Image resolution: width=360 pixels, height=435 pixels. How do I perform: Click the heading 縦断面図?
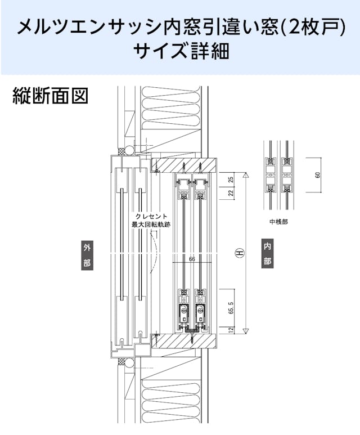click(50, 96)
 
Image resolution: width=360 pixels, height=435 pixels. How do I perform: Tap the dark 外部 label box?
click(87, 255)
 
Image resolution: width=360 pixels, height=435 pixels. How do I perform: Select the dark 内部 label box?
click(267, 254)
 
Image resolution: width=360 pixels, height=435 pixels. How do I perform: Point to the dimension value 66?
click(192, 259)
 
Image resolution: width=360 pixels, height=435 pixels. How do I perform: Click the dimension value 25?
click(231, 180)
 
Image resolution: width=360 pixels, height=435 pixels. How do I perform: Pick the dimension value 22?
click(231, 193)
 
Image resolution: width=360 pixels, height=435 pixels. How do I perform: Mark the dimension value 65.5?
click(231, 308)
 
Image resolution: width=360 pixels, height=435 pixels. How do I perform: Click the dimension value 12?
click(231, 330)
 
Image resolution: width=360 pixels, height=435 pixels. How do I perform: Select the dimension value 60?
click(318, 175)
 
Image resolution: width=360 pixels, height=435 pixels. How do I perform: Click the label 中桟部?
click(279, 222)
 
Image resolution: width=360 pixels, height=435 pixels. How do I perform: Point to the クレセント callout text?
click(151, 217)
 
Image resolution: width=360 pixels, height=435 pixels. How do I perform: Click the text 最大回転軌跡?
click(151, 225)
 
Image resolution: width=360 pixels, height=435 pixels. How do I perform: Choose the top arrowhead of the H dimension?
click(246, 175)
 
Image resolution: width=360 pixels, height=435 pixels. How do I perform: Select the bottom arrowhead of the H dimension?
click(246, 331)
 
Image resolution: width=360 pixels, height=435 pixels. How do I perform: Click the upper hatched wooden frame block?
click(184, 165)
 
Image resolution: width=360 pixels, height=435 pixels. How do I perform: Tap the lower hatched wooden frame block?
click(184, 340)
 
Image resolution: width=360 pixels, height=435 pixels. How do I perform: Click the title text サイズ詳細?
click(182, 51)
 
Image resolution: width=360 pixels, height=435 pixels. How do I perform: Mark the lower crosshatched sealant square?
click(121, 361)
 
